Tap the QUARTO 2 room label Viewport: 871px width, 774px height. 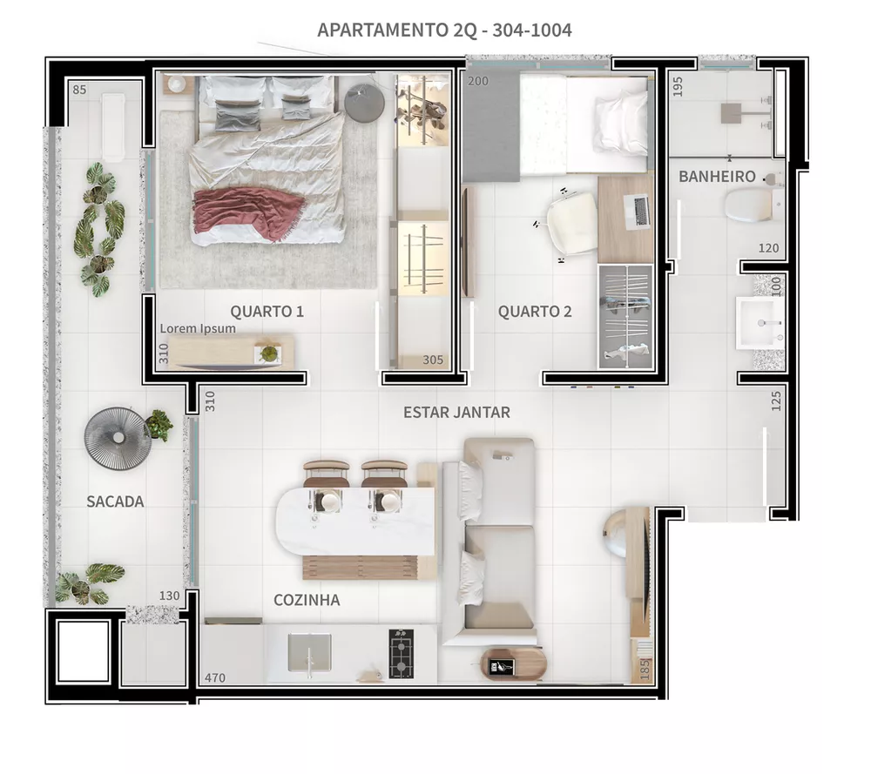pyautogui.click(x=535, y=312)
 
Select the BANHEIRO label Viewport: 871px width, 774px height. pyautogui.click(x=717, y=177)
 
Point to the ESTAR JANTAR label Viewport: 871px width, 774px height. pyautogui.click(x=456, y=412)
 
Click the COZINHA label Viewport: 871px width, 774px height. pyautogui.click(x=307, y=600)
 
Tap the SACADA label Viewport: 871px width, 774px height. pyautogui.click(x=115, y=501)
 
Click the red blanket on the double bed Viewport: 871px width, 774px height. pyautogui.click(x=249, y=212)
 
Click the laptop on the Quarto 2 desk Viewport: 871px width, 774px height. pyautogui.click(x=639, y=210)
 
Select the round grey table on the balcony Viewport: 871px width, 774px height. pyautogui.click(x=115, y=438)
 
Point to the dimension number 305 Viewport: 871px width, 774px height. pyautogui.click(x=433, y=360)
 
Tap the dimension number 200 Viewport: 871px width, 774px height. pyautogui.click(x=477, y=81)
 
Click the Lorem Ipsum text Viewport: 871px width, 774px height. pyautogui.click(x=198, y=329)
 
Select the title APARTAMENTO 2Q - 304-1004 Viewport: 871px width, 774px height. pyautogui.click(x=444, y=30)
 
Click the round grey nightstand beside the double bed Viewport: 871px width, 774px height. pyautogui.click(x=364, y=104)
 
